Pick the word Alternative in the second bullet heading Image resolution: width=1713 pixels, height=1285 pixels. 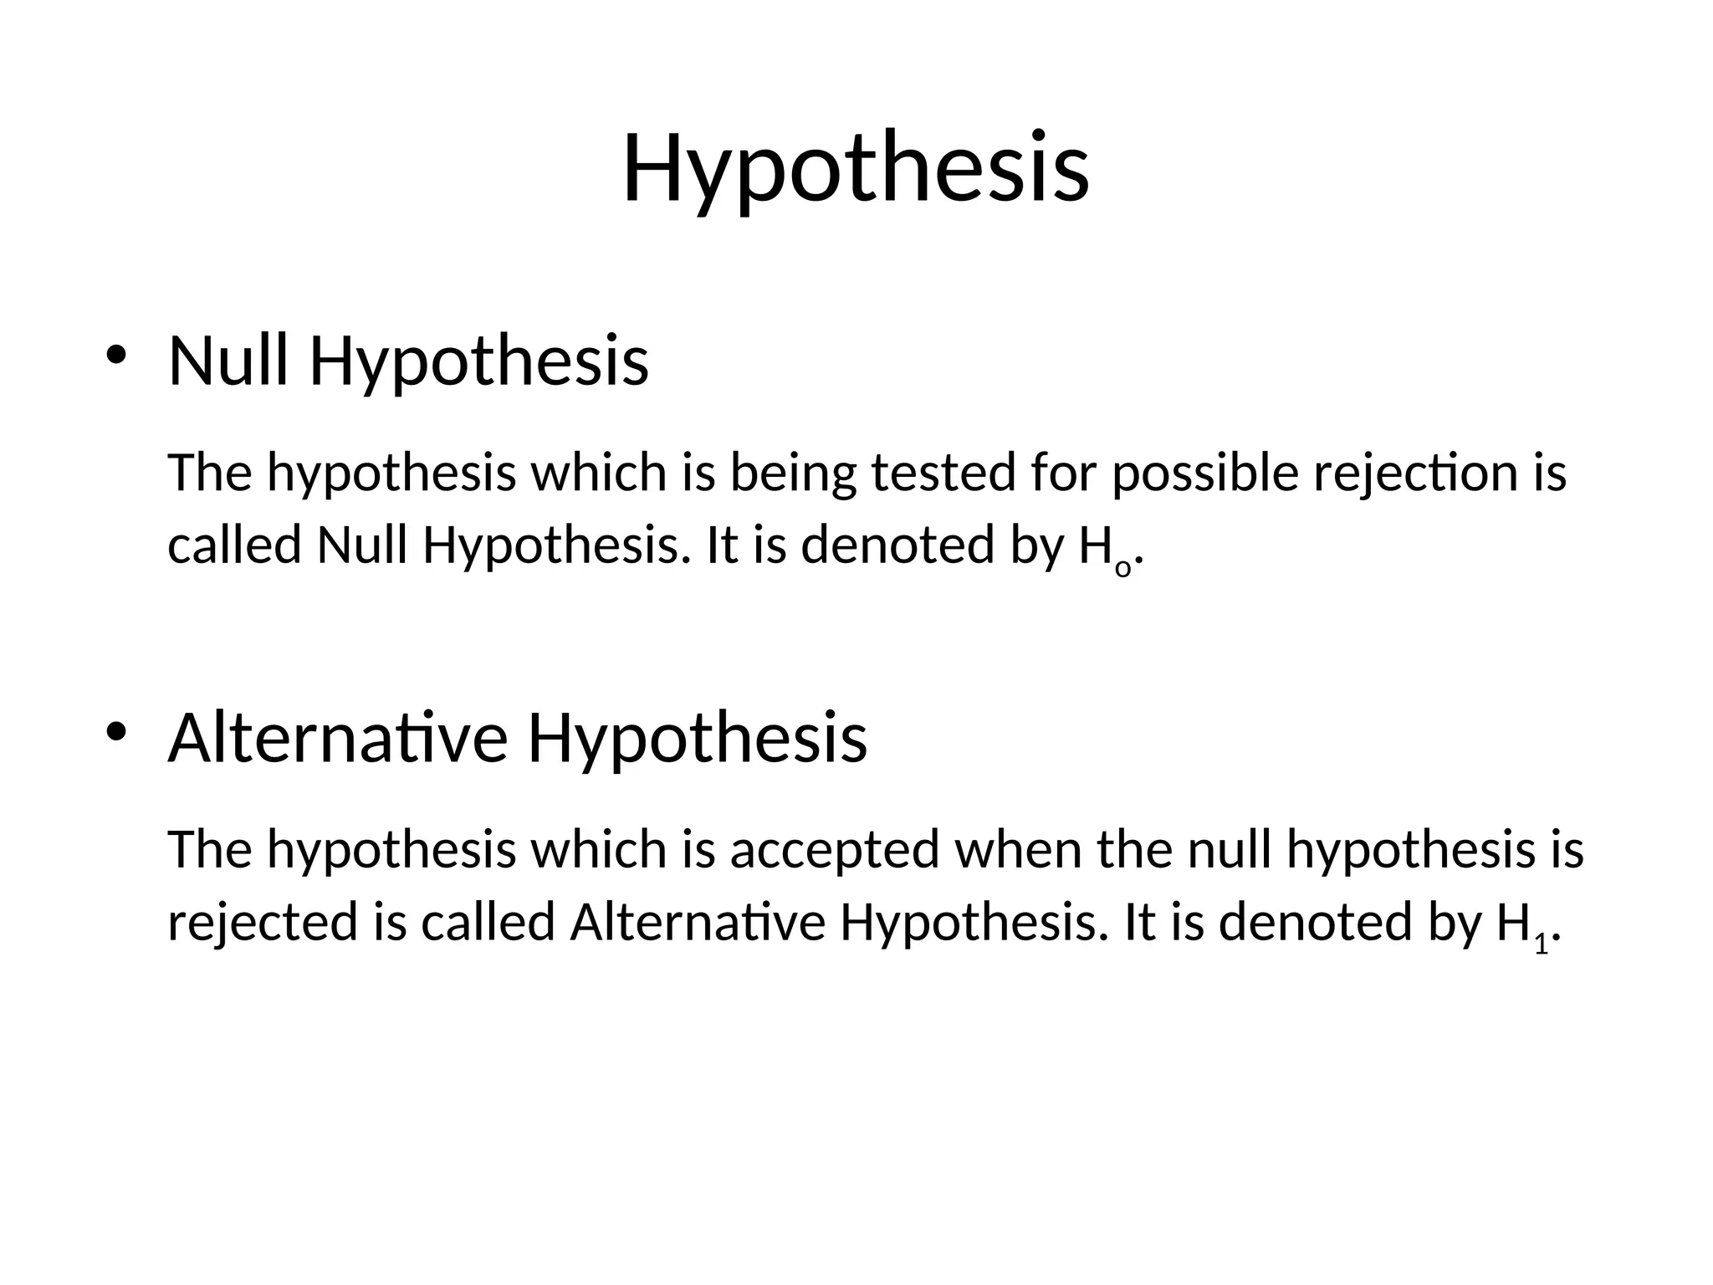coord(338,738)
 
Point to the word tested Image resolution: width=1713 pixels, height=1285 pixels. coord(943,473)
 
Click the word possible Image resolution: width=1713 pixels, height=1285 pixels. coord(1205,474)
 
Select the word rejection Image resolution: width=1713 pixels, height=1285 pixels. coord(1418,474)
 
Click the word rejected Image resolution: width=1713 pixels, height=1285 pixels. coord(263,924)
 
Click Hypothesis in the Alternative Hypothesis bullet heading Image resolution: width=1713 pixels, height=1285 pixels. coord(698,740)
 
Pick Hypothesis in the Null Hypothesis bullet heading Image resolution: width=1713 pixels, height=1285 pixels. coord(479,363)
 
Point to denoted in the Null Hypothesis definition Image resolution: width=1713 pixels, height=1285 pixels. coord(897,546)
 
